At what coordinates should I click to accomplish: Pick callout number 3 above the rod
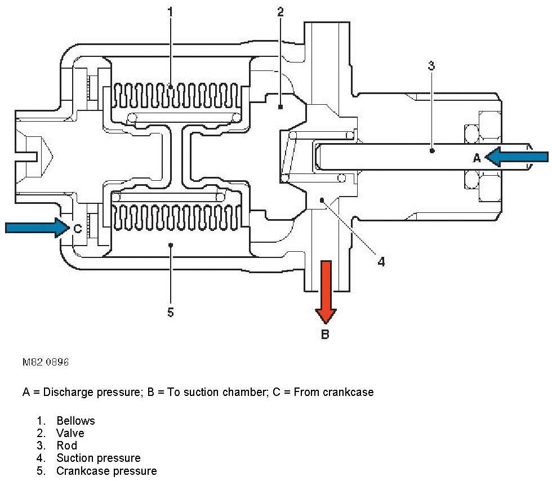pos(431,65)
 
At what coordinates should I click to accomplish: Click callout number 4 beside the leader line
pos(381,261)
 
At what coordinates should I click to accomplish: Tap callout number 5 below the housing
pos(171,312)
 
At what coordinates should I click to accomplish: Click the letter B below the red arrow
pos(325,335)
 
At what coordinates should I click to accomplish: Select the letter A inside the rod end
pos(476,158)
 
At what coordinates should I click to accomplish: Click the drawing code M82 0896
pos(45,363)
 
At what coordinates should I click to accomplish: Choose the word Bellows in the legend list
pos(75,421)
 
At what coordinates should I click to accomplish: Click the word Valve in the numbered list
pos(70,433)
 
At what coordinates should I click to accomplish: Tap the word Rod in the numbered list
pos(67,446)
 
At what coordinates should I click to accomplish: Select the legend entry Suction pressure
pos(98,458)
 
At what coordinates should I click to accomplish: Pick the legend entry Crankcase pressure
pos(106,470)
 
